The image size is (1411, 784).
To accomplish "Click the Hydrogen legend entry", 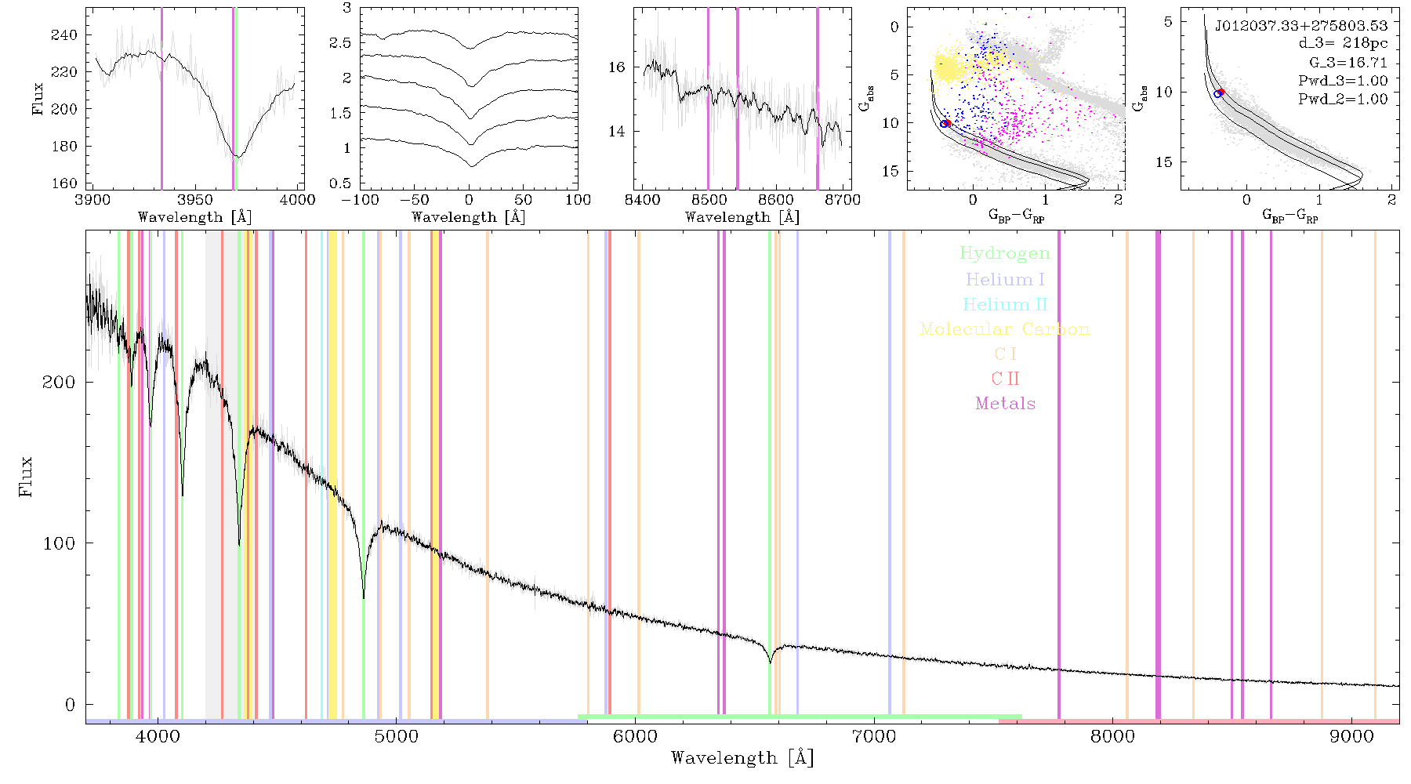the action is click(x=1004, y=253).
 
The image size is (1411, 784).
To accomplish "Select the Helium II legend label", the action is click(x=1005, y=304).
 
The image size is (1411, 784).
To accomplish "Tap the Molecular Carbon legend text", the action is click(x=1005, y=329).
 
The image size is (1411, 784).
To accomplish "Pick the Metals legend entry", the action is click(x=1006, y=403).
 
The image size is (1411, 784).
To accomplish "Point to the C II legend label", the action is click(x=1006, y=379).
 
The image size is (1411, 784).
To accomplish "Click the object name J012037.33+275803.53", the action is click(x=1301, y=25).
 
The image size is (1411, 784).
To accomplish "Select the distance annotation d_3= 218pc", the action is click(x=1343, y=43).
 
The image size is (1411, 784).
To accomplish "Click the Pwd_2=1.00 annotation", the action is click(x=1343, y=99).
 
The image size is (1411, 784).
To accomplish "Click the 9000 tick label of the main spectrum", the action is click(x=1351, y=737).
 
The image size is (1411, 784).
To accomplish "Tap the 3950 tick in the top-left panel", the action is click(x=195, y=200).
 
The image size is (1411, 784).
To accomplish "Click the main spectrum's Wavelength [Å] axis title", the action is click(x=742, y=758).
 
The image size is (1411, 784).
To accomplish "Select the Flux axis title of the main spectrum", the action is click(x=26, y=476).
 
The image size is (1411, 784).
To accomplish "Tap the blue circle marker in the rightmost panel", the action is click(x=1217, y=94).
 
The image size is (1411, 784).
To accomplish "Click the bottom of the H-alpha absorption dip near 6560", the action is click(x=771, y=663).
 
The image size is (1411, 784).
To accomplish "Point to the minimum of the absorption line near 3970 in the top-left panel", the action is click(x=238, y=157).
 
